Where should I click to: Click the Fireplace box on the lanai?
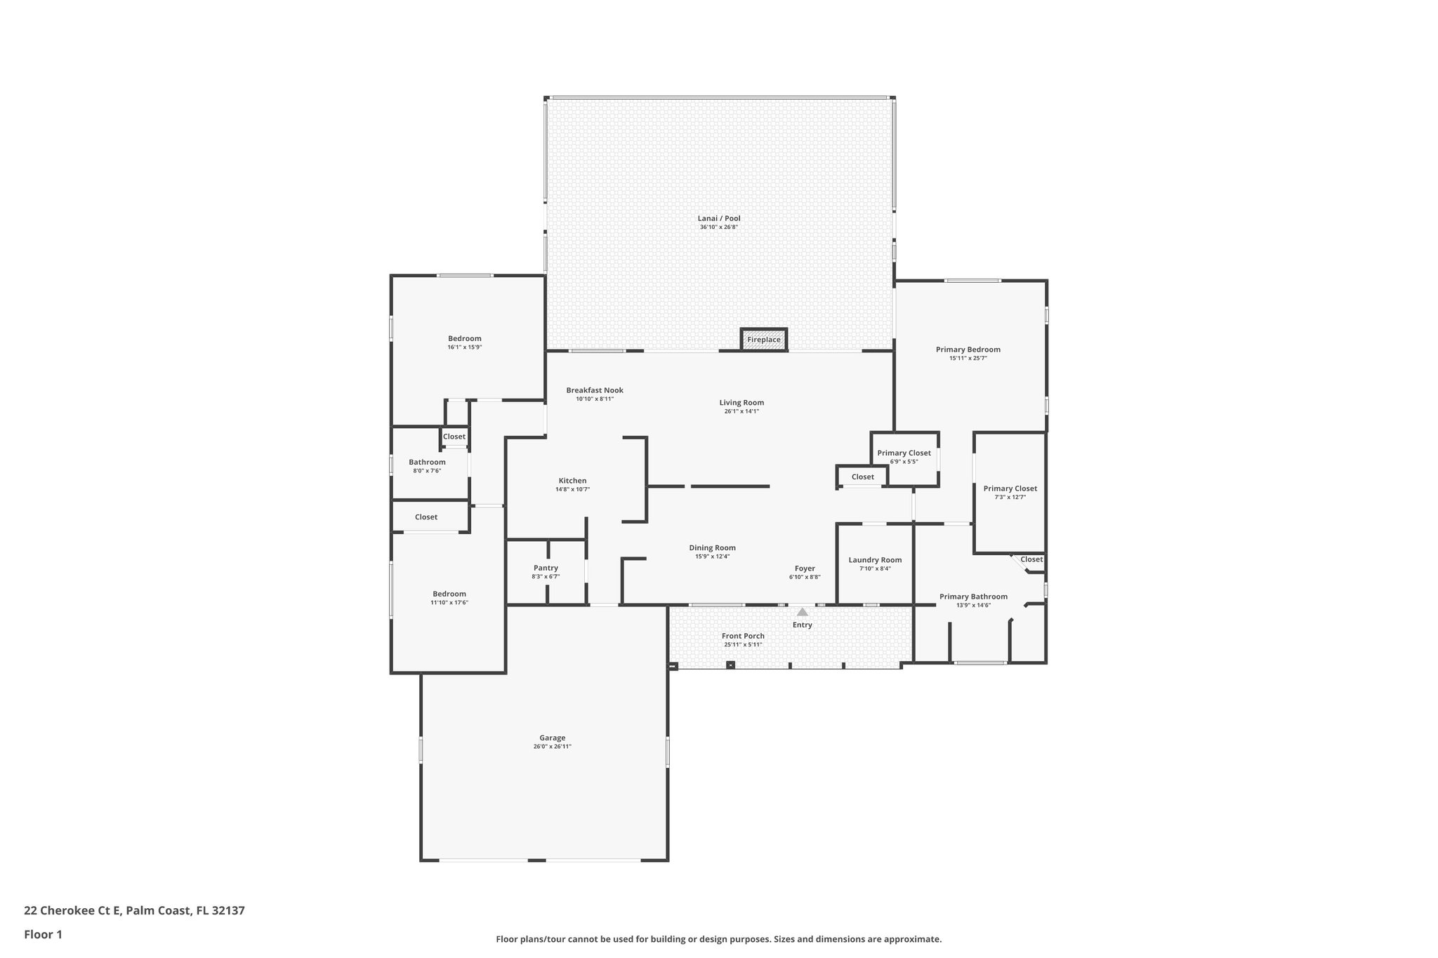tap(763, 340)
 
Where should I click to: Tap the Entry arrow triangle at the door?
tap(802, 612)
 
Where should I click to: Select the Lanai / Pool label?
tap(718, 218)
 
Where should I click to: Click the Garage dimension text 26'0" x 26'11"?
tap(552, 747)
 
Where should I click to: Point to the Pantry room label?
tap(546, 568)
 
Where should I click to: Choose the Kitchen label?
tap(572, 481)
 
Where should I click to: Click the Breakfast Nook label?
tap(595, 390)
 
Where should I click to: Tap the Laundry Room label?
tap(875, 560)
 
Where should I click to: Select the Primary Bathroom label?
tap(973, 597)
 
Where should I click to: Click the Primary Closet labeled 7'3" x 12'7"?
tap(1010, 488)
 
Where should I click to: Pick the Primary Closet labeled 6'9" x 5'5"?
tap(904, 453)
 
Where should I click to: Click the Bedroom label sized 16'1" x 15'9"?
tap(465, 338)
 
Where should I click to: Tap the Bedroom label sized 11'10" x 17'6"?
tap(449, 594)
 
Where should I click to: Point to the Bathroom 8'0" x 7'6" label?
tap(427, 462)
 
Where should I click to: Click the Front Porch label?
tap(743, 636)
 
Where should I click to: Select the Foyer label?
tap(805, 568)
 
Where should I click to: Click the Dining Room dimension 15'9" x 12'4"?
tap(712, 557)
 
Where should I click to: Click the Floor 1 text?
tap(43, 934)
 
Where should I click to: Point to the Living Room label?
tap(741, 403)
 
